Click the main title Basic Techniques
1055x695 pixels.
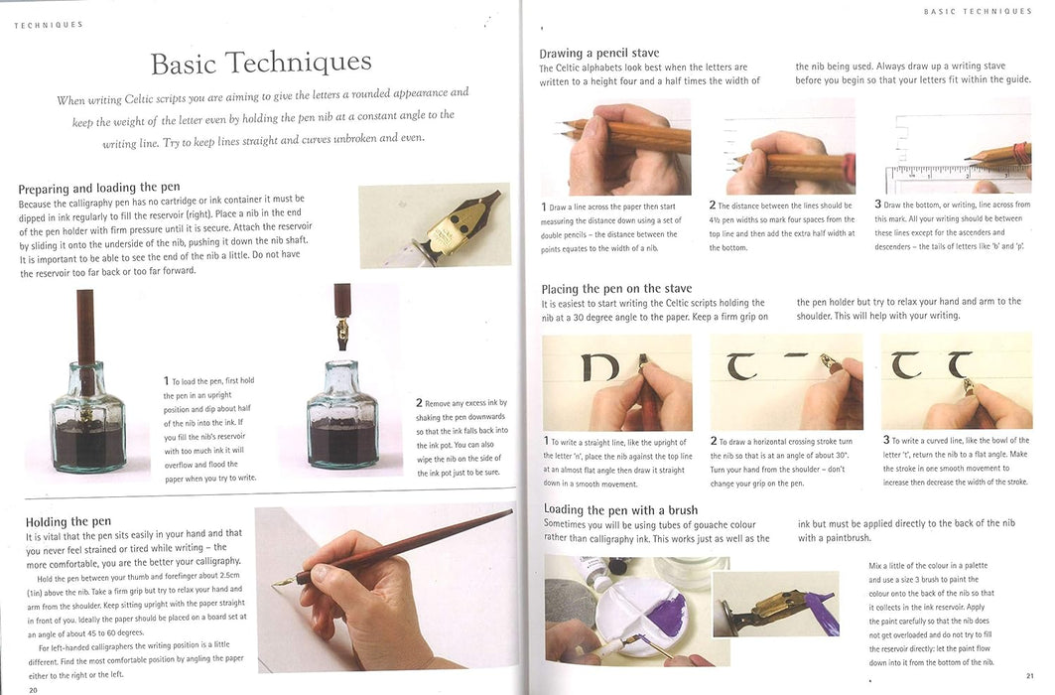coord(261,63)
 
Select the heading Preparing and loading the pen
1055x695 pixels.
coord(99,188)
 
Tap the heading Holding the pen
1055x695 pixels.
coord(68,521)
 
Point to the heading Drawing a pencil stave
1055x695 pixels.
coord(598,53)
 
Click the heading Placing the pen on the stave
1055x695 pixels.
coord(616,289)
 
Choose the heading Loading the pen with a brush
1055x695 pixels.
coord(620,509)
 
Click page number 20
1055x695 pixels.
coord(33,690)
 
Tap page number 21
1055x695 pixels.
coord(1030,675)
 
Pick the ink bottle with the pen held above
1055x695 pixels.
coord(341,418)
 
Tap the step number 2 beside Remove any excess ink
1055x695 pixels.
coord(419,402)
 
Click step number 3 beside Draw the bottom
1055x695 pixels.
coord(877,204)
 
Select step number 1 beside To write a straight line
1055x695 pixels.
coord(546,441)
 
